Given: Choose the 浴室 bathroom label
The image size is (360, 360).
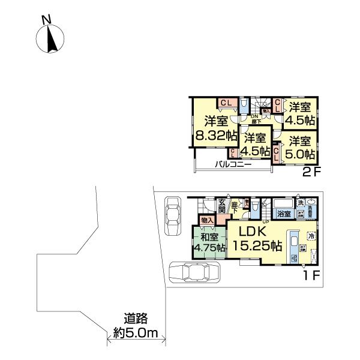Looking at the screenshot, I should coord(283,214).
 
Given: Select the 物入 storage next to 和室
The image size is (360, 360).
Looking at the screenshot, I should coord(207,221).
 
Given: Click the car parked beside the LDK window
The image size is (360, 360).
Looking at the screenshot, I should coord(195,274).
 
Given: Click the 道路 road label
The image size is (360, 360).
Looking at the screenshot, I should coord(136,319).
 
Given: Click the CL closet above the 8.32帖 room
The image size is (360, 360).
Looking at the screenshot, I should coord(226,103).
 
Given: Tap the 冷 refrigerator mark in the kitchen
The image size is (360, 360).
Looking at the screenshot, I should coord(311,235).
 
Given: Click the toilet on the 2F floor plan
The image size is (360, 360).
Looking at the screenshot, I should coord(243,106).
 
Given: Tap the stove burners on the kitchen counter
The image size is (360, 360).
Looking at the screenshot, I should coord(293,257).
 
